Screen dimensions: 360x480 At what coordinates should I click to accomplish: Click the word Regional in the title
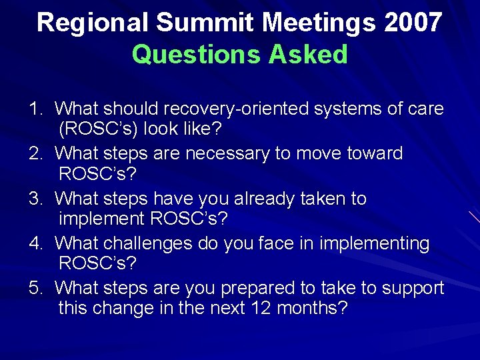(x=93, y=23)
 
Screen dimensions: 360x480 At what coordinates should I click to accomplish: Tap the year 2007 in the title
(x=413, y=23)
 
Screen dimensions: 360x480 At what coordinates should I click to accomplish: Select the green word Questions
(x=196, y=55)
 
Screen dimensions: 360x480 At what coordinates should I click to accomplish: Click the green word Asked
(x=307, y=55)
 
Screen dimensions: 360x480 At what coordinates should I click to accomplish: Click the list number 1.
(x=34, y=109)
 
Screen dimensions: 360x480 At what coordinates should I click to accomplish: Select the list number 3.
(x=34, y=199)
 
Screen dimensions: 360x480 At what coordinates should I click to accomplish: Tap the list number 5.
(x=34, y=289)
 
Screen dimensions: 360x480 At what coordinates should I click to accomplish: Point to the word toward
(x=375, y=154)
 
